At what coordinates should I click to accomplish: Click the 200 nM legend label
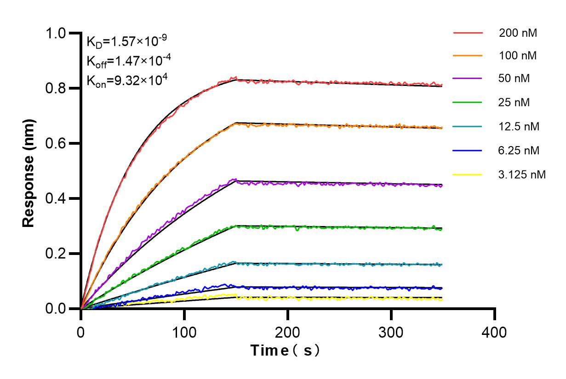point(518,33)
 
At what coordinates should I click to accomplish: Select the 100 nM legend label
point(518,56)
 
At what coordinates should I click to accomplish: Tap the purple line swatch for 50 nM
point(468,79)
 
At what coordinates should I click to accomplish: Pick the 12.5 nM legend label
point(519,126)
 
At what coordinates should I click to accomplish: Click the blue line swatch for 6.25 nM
point(468,150)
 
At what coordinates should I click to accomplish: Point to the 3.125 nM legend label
point(522,174)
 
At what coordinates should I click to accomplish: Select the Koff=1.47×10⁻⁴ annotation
point(126,61)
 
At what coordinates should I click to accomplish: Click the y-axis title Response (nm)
point(29,171)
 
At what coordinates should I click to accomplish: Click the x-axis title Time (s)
point(285,351)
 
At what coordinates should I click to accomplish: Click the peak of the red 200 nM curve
point(235,78)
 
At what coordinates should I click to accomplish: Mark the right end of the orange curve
point(442,128)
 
